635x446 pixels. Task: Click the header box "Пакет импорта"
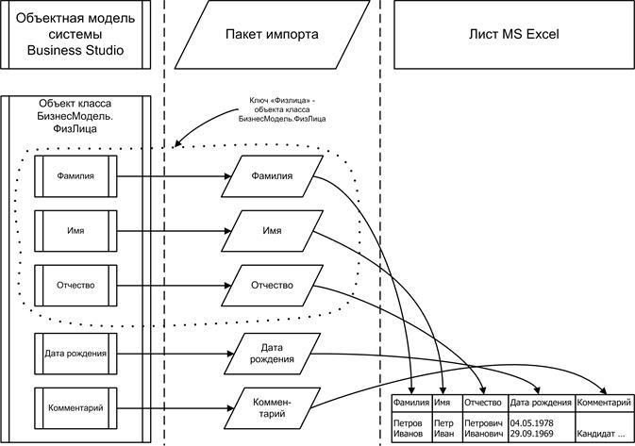pos(272,35)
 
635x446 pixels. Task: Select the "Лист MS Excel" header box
pos(514,35)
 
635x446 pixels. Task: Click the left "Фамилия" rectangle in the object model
pos(76,174)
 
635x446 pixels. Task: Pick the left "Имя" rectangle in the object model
pos(76,229)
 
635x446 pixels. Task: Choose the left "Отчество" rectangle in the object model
pos(76,284)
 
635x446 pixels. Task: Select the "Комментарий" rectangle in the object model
pos(76,407)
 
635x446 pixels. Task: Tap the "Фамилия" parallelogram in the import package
pos(272,174)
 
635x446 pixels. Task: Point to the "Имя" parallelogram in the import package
pos(272,229)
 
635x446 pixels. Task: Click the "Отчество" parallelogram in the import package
pos(272,284)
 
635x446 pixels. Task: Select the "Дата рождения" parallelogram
pos(272,353)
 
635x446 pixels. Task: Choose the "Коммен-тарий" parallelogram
pos(272,407)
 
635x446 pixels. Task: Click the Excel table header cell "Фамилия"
pos(410,404)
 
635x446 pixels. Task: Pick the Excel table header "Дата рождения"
pos(541,404)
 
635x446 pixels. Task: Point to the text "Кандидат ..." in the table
pos(601,435)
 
